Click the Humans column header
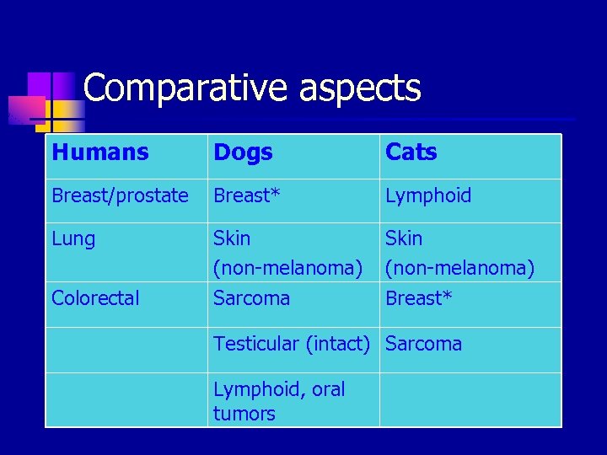(99, 153)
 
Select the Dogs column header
(243, 153)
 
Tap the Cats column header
(411, 153)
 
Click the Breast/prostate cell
(120, 196)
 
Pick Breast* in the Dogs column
(246, 196)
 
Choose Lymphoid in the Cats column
(428, 196)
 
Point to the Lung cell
(73, 239)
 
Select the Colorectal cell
(95, 298)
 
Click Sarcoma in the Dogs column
(251, 298)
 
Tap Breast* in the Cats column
(418, 298)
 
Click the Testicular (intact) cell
(292, 344)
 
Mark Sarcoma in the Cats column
(423, 344)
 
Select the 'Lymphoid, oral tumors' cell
(279, 401)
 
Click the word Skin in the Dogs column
(232, 238)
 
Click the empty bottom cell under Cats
(470, 400)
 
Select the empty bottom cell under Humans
(126, 400)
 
